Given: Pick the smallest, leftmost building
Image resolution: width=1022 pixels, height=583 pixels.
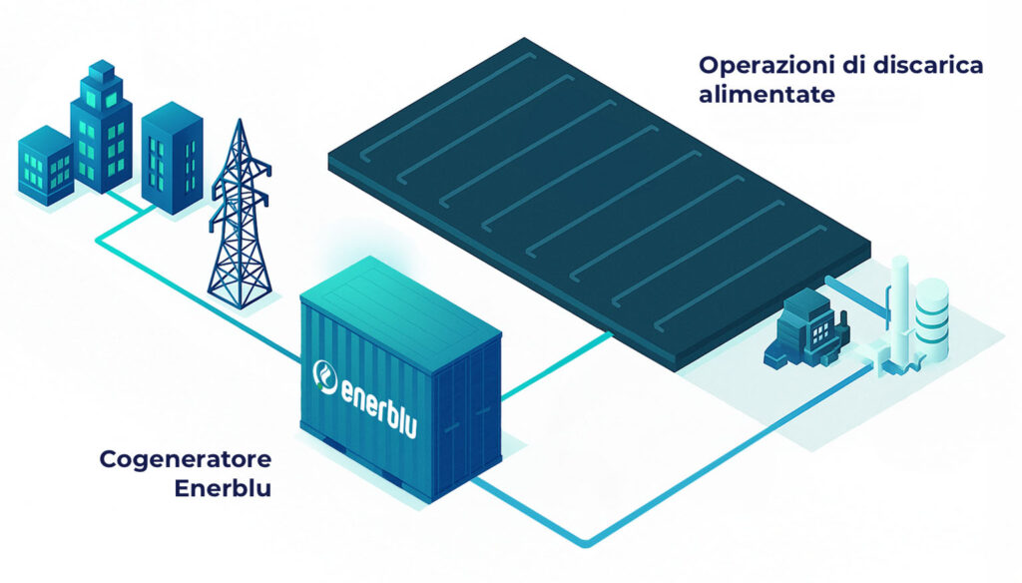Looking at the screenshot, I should coord(46,164).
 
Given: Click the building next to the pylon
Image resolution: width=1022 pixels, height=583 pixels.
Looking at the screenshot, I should coord(172,160).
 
